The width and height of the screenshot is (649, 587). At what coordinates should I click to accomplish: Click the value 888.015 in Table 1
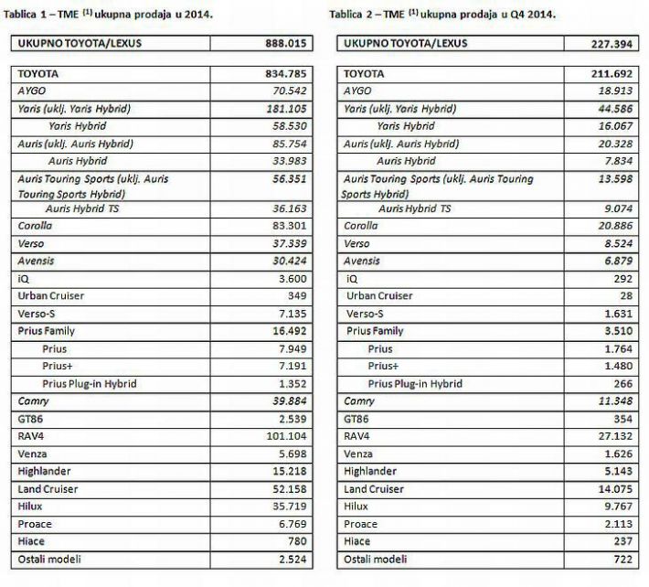(281, 42)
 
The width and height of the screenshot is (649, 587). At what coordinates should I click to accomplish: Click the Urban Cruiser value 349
(294, 296)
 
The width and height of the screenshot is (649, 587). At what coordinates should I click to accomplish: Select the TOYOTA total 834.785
(281, 74)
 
